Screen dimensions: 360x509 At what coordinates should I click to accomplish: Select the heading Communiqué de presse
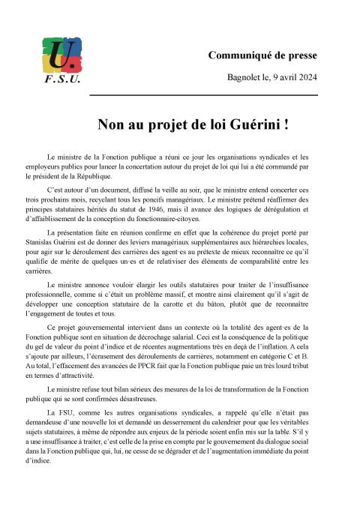pos(262,55)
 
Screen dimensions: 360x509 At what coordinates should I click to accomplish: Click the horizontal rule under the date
pos(203,95)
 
